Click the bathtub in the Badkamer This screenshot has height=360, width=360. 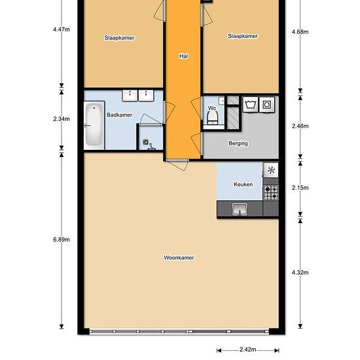pyautogui.click(x=94, y=124)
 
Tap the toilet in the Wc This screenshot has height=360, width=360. pyautogui.click(x=212, y=118)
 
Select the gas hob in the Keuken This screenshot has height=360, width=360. pyautogui.click(x=271, y=192)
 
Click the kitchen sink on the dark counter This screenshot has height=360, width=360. pyautogui.click(x=240, y=209)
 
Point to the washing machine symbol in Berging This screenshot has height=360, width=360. pyautogui.click(x=250, y=104)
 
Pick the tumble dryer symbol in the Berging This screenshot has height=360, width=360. pyautogui.click(x=267, y=105)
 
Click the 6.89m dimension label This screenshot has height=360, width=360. pyautogui.click(x=62, y=240)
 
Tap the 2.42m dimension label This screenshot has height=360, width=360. pyautogui.click(x=248, y=350)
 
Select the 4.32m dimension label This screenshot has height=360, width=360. pyautogui.click(x=300, y=272)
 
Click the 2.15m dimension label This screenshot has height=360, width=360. pyautogui.click(x=300, y=188)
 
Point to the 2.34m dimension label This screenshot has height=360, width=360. pyautogui.click(x=62, y=119)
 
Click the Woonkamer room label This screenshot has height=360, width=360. pyautogui.click(x=179, y=258)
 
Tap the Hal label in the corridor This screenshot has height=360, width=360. pyautogui.click(x=183, y=56)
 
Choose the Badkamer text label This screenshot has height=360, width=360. pyautogui.click(x=119, y=115)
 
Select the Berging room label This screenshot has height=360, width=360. pyautogui.click(x=238, y=143)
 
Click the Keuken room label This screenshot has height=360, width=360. pyautogui.click(x=243, y=185)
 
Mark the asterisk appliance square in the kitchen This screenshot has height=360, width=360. pyautogui.click(x=271, y=170)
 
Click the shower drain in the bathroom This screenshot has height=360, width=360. pyautogui.click(x=145, y=142)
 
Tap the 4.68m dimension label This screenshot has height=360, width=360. pyautogui.click(x=300, y=32)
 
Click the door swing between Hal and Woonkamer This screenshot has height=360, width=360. pyautogui.click(x=177, y=164)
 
